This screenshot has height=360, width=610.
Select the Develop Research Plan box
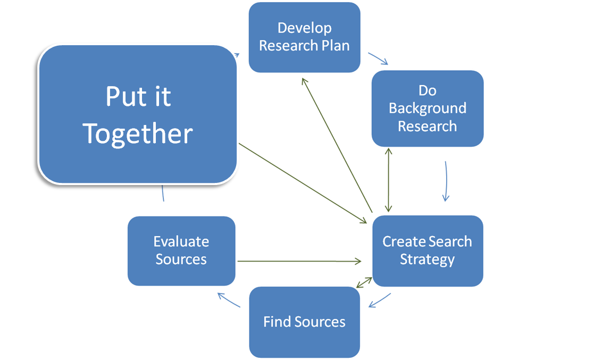(x=304, y=37)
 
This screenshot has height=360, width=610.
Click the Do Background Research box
(x=428, y=108)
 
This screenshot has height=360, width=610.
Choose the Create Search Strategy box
(x=428, y=250)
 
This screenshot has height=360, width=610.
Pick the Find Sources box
(x=304, y=322)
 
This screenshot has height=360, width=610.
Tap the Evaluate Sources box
(x=181, y=250)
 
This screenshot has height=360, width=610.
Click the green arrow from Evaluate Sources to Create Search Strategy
(x=298, y=261)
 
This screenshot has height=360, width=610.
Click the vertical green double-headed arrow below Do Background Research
(x=389, y=181)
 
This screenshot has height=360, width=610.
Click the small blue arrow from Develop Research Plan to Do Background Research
(x=378, y=58)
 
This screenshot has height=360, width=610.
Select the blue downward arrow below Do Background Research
(x=446, y=181)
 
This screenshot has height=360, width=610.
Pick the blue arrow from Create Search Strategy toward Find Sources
(x=379, y=300)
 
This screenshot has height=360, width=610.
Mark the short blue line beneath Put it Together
(x=163, y=194)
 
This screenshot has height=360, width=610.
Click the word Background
(x=428, y=108)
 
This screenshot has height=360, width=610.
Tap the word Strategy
(x=428, y=259)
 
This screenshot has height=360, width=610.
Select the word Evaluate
(x=181, y=241)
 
